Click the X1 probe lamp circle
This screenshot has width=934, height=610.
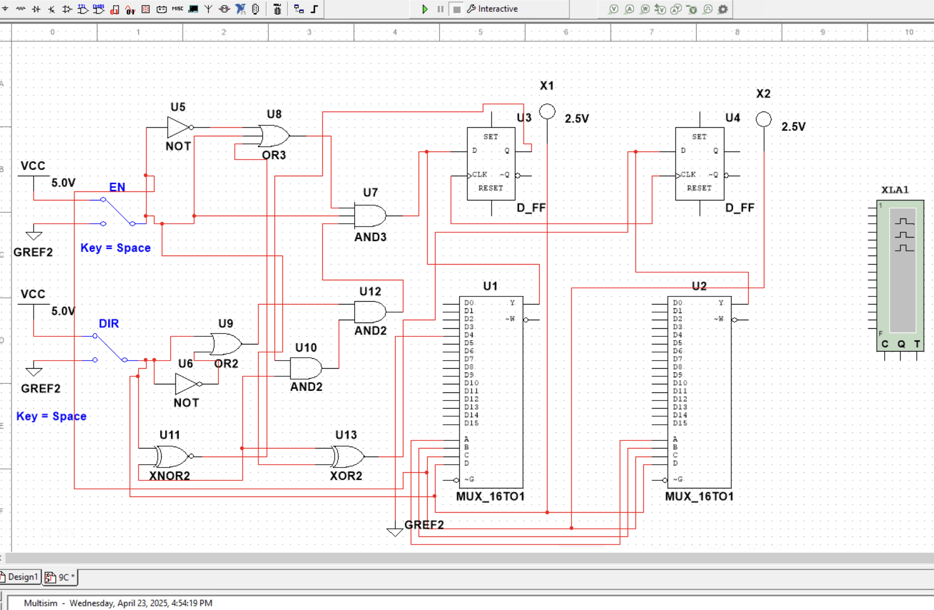pos(547,112)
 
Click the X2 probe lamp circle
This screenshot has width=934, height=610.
pos(763,119)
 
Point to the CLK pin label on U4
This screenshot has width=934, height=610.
pos(688,174)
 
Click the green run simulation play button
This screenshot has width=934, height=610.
pos(425,9)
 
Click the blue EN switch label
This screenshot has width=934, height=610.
pos(117,187)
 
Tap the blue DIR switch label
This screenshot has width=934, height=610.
pos(108,324)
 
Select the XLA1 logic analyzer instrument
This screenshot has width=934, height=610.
pos(900,276)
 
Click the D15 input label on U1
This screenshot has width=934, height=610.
pos(471,423)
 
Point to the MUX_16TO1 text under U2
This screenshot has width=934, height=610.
pos(699,496)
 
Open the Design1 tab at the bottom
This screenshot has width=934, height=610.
pos(21,577)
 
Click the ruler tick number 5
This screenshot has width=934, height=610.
pos(480,32)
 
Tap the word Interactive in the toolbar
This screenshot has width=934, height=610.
pos(497,9)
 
